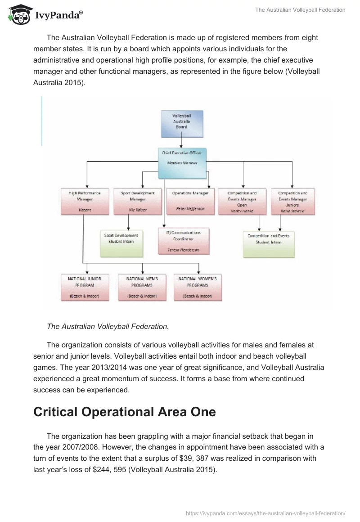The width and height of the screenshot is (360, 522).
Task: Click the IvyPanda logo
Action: (x=45, y=14)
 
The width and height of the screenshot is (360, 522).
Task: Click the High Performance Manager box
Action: (x=85, y=201)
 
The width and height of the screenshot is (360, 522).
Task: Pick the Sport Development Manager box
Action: (x=137, y=201)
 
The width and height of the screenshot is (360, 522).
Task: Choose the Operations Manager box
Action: (x=190, y=201)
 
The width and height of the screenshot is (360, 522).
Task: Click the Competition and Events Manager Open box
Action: (x=242, y=201)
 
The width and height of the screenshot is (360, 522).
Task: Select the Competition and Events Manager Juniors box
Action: (x=292, y=201)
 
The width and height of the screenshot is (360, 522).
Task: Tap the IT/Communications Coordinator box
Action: (x=184, y=241)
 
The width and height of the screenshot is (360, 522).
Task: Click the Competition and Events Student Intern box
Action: (x=269, y=243)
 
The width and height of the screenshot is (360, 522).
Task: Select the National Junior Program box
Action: (x=85, y=287)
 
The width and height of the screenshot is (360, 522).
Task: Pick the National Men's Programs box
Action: (x=142, y=287)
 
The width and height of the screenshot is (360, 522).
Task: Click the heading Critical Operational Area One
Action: (x=125, y=412)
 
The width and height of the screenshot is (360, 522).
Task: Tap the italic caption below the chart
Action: (x=108, y=327)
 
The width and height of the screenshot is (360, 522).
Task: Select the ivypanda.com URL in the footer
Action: (x=265, y=513)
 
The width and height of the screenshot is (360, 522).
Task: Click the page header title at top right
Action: (x=300, y=10)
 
